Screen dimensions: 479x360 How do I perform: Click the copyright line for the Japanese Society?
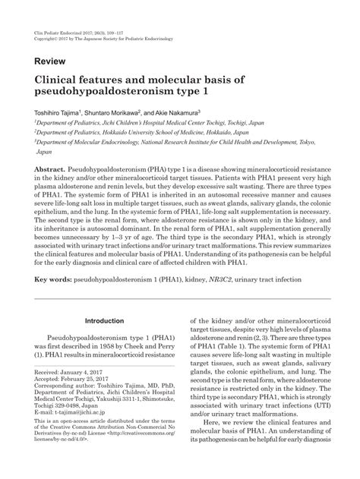point(102,15)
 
